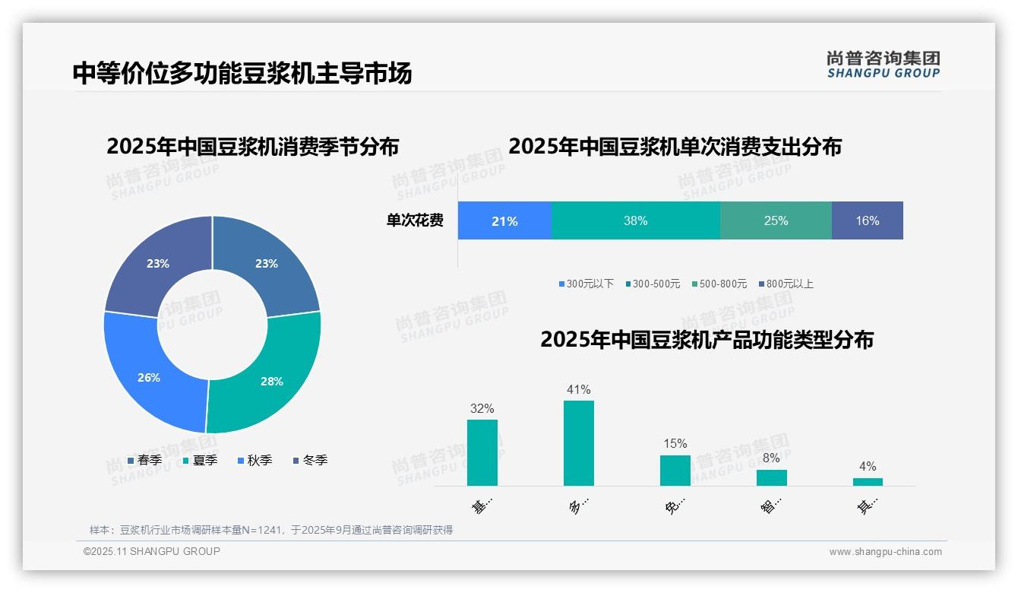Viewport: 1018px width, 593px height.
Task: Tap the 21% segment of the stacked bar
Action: (x=504, y=220)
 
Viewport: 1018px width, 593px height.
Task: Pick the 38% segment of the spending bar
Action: (x=635, y=220)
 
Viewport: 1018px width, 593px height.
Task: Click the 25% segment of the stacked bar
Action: (x=776, y=220)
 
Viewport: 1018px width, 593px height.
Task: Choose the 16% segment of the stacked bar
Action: (x=867, y=220)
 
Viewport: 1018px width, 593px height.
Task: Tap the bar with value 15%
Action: (x=675, y=471)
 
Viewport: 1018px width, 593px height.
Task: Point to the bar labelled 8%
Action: (x=771, y=477)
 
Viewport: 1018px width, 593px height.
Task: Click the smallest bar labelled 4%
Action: (x=868, y=482)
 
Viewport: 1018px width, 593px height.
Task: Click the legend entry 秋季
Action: (x=259, y=460)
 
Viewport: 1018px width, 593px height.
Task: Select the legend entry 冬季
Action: (x=315, y=460)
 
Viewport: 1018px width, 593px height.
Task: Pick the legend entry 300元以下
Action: (x=590, y=284)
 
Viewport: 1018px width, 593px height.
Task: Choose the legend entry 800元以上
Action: (x=789, y=284)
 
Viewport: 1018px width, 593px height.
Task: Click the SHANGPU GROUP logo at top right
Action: (x=883, y=64)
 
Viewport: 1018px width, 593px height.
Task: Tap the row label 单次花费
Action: (x=415, y=220)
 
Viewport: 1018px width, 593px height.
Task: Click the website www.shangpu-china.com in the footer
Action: (x=885, y=552)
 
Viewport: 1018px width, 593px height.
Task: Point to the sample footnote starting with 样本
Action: (x=271, y=530)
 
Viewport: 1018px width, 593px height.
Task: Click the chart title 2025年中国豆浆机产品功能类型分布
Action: (x=707, y=339)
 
